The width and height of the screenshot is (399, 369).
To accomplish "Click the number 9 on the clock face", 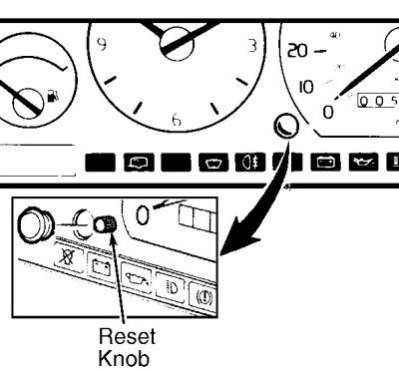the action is pos(103,44).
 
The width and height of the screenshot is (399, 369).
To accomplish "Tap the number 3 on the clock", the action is pos(252,46).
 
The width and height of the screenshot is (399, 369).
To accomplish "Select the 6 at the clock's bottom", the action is pos(177,120).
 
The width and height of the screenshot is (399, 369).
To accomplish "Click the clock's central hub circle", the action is pos(177,44).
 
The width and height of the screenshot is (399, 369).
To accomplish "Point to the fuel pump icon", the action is pos(53,96).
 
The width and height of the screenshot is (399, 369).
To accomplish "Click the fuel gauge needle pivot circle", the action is pos(28,104).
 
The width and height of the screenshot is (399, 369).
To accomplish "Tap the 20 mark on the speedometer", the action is pos(297,51).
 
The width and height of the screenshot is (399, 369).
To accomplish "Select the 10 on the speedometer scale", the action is pos(306,87).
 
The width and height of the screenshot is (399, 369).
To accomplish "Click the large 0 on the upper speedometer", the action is pos(328,112).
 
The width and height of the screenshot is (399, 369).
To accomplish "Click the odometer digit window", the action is pos(378,101).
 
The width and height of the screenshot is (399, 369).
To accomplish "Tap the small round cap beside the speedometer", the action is pos(286,126).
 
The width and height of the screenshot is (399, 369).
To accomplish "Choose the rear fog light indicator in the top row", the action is pos(250,163).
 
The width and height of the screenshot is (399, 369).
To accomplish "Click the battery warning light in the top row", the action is pos(325,163).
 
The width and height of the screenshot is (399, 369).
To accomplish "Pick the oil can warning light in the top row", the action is pos(363,163).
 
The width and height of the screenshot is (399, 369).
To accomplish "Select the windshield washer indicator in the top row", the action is pos(213,163).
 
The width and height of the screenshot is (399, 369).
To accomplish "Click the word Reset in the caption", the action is pos(127,336).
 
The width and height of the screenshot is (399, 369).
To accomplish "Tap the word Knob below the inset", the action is pos(124,358).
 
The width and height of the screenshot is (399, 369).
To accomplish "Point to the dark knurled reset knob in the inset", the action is pos(105,224).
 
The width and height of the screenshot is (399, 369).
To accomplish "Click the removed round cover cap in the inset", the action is pos(35,225).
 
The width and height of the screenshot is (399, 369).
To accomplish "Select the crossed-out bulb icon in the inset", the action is pos(69,256).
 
